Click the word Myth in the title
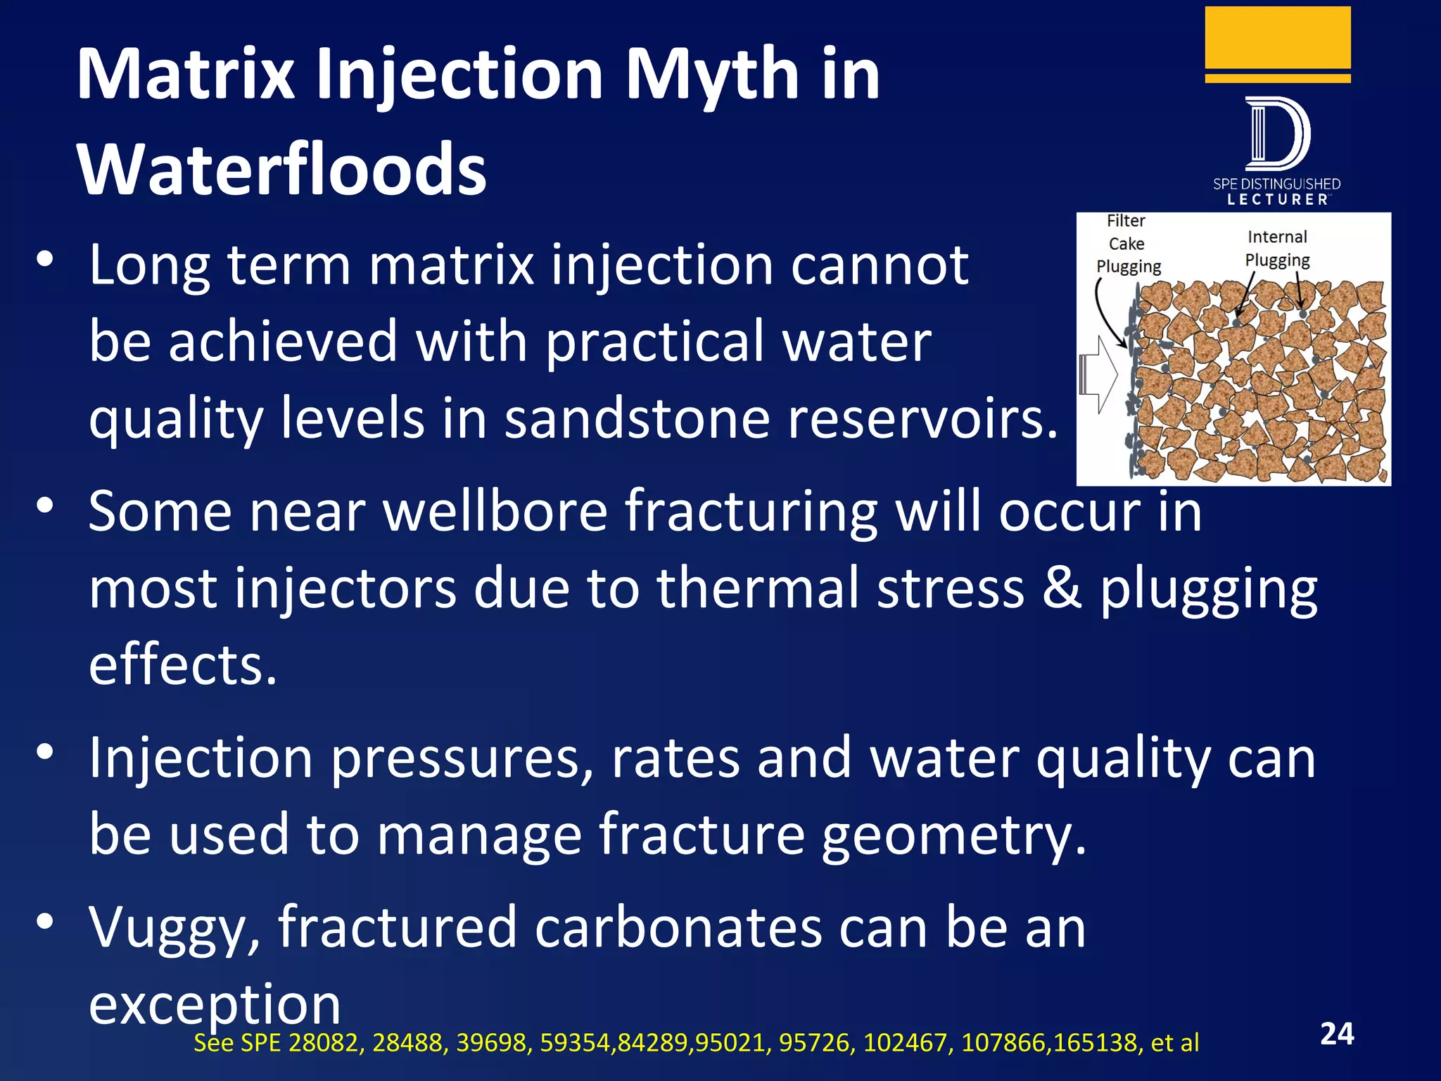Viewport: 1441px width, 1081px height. pyautogui.click(x=711, y=74)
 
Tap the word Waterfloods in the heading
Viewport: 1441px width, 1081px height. pyautogui.click(x=281, y=170)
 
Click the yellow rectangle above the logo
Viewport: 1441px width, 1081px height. pyautogui.click(x=1277, y=38)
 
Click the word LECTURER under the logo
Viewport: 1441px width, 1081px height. pyautogui.click(x=1277, y=200)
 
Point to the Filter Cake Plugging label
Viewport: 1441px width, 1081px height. pyautogui.click(x=1127, y=244)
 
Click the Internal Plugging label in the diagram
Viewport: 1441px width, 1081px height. pyautogui.click(x=1277, y=248)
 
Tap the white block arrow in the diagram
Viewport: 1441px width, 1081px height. pyautogui.click(x=1098, y=374)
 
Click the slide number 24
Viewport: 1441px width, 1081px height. pyautogui.click(x=1337, y=1034)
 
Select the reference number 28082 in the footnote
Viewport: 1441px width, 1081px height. pyautogui.click(x=326, y=1042)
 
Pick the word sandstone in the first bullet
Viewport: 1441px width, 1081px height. pyautogui.click(x=637, y=419)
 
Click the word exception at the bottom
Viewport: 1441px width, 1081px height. pyautogui.click(x=215, y=1005)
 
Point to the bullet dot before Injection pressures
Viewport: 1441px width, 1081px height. pyautogui.click(x=45, y=752)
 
